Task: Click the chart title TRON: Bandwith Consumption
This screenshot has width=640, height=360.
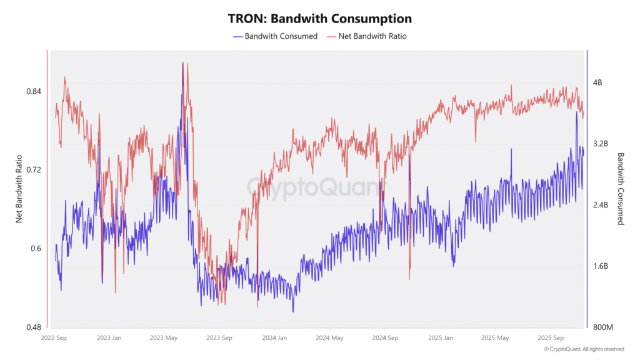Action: point(319,19)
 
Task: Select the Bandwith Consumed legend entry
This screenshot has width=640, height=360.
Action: point(281,36)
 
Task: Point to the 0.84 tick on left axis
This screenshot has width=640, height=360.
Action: point(34,91)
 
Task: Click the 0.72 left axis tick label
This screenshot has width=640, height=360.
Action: point(34,170)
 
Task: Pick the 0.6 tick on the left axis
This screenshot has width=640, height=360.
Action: point(36,249)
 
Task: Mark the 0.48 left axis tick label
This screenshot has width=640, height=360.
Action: point(34,327)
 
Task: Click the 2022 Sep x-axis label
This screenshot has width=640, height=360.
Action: point(54,338)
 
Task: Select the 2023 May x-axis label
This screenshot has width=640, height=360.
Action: point(164,338)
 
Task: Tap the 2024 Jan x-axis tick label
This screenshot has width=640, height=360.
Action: point(273,338)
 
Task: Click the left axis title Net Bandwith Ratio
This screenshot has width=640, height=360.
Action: point(19,189)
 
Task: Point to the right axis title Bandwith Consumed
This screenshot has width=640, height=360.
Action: point(621,189)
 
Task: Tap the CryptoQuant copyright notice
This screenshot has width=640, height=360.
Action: point(583,349)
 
